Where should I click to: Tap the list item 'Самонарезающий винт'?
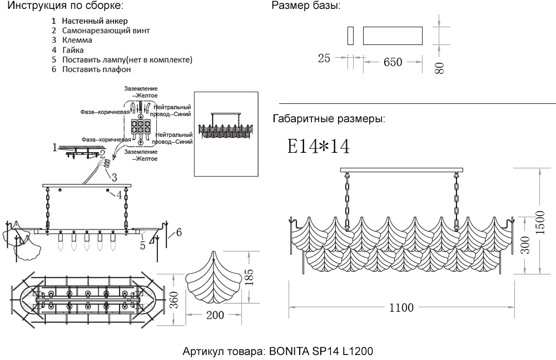click(106, 31)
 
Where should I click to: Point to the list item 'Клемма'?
click(77, 40)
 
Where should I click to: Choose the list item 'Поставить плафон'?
click(96, 69)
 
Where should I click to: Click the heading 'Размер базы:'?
click(306, 6)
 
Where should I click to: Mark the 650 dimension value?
click(393, 62)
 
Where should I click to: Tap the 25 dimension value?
click(324, 58)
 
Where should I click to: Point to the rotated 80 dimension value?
click(439, 68)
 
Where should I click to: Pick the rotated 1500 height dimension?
click(539, 222)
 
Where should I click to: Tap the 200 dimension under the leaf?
click(215, 316)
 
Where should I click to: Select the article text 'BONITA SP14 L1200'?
click(321, 352)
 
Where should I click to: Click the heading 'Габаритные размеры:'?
click(329, 119)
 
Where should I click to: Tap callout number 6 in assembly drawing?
click(178, 233)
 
